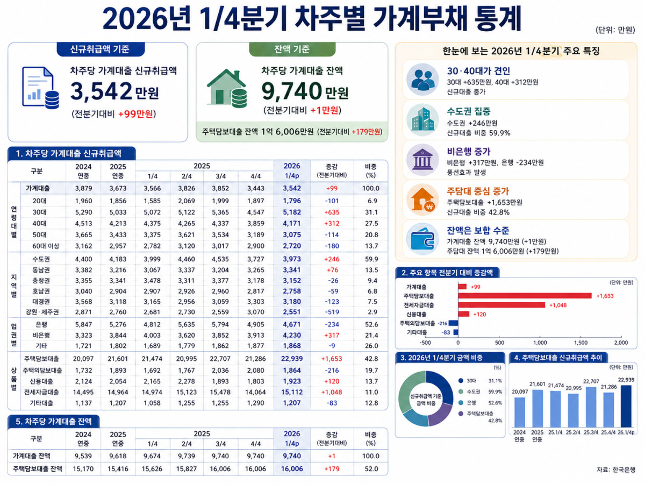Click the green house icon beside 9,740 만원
[227, 88]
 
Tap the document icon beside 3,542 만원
[40, 88]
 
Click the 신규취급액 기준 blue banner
[100, 49]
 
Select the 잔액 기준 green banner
[292, 49]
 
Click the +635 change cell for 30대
[332, 212]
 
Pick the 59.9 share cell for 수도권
[371, 259]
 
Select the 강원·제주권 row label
[42, 312]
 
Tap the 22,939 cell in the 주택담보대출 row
[292, 359]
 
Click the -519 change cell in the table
[332, 312]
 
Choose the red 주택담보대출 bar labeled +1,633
[525, 296]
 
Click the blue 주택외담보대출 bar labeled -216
[454, 323]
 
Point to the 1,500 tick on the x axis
[580, 343]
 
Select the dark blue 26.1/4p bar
[626, 406]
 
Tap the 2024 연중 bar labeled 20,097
[520, 412]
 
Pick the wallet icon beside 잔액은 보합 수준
[422, 239]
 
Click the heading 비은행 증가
[469, 152]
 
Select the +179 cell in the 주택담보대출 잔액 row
[332, 469]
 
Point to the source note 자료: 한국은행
[616, 470]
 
